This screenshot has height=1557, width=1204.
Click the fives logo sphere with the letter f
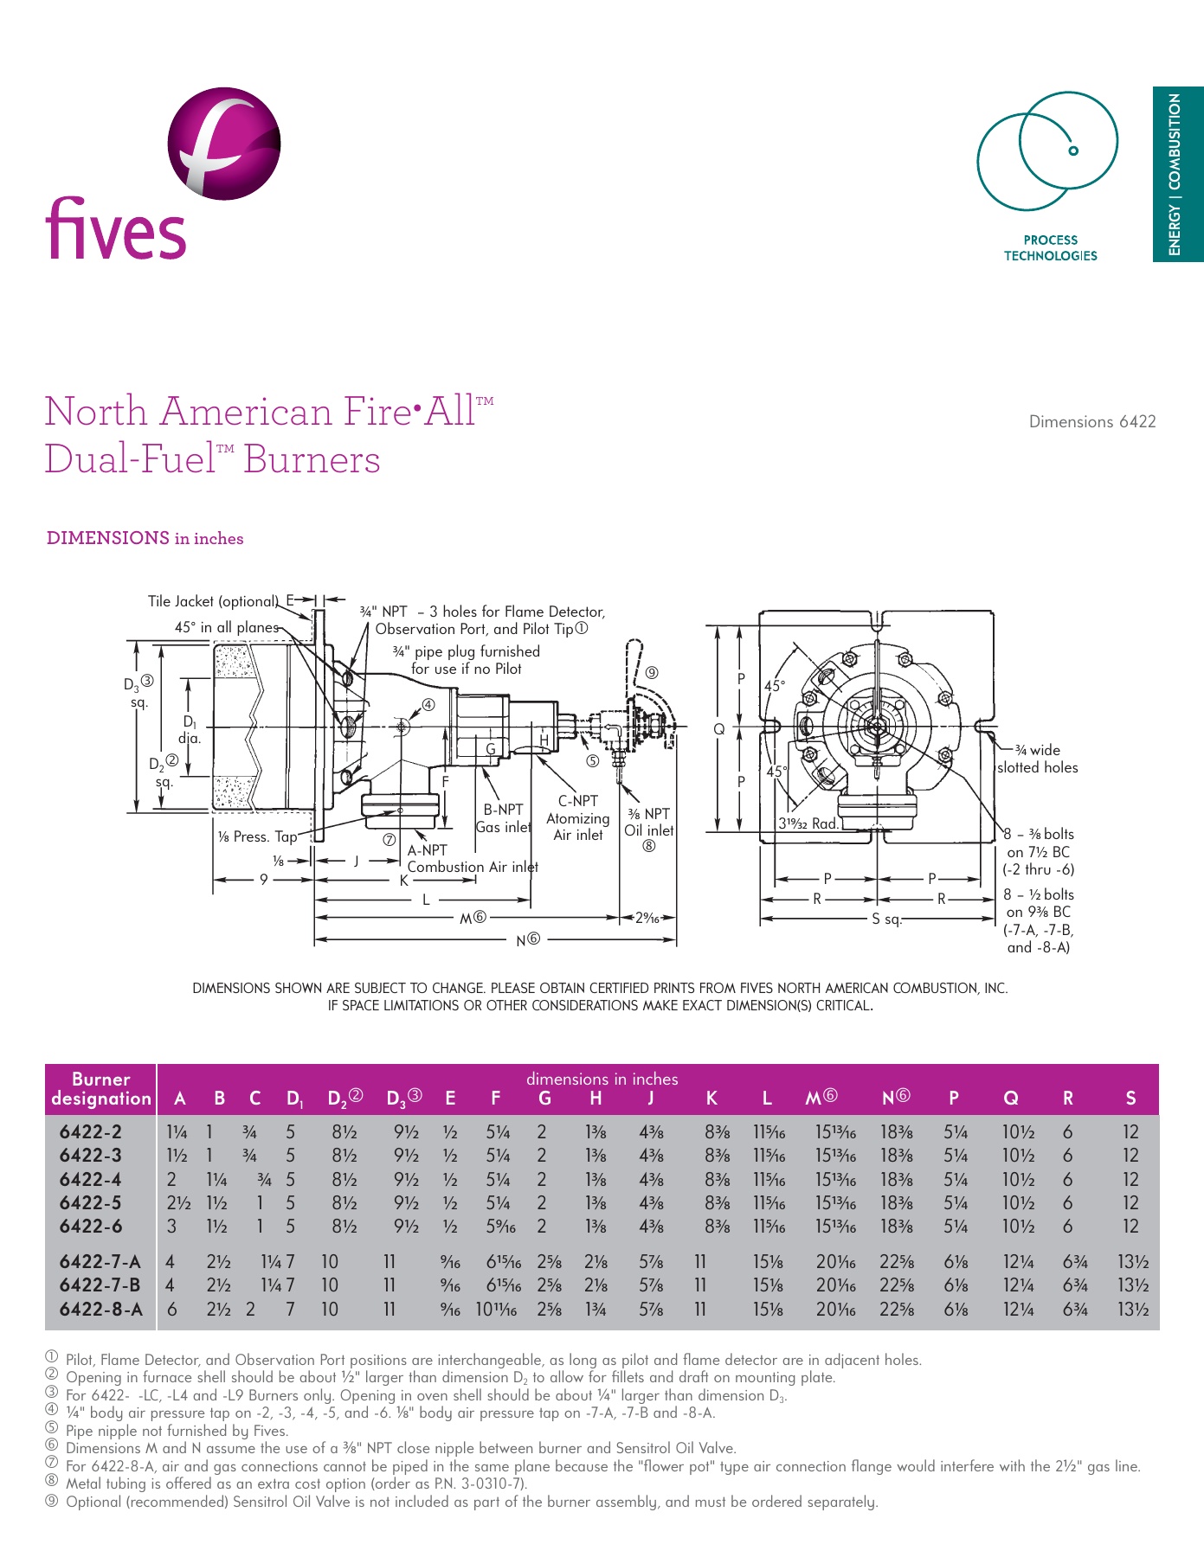point(224,143)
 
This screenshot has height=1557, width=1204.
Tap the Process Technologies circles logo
point(1047,151)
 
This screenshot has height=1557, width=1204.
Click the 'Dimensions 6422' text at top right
point(1091,422)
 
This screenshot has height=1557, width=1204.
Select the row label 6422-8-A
point(100,1310)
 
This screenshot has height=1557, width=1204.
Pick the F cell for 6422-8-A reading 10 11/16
point(496,1310)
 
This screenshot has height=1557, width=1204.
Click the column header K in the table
point(711,1099)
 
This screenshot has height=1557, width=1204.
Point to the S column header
point(1130,1099)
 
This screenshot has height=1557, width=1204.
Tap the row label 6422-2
point(91,1131)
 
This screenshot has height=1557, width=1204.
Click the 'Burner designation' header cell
point(101,1089)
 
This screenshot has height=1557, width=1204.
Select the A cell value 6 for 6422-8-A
point(171,1310)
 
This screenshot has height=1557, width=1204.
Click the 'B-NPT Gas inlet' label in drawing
point(503,818)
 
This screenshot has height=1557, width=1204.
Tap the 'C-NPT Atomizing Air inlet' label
point(577,818)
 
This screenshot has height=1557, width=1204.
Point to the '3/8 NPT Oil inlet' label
point(649,823)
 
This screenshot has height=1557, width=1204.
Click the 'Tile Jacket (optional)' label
point(213,601)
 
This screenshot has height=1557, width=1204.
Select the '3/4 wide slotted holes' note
point(1037,759)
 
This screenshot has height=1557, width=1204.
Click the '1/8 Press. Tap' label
point(257,836)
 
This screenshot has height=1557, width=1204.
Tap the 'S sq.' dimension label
point(886,919)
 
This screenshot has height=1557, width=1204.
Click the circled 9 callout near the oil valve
point(652,672)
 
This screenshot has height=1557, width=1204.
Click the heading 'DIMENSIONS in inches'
point(145,538)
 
